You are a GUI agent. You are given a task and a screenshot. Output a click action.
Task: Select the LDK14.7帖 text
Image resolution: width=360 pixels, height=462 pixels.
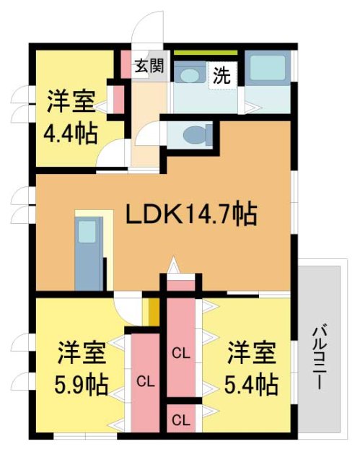click(193, 214)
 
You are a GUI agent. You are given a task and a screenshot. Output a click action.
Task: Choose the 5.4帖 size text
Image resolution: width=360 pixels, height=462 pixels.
click(253, 384)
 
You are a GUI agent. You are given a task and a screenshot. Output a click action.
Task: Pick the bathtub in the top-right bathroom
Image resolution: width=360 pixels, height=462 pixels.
click(268, 69)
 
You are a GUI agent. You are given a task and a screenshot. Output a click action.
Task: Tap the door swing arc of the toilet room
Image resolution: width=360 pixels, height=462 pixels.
click(152, 134)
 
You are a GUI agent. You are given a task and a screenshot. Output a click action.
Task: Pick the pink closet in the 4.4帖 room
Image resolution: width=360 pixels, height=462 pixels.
click(115, 100)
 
